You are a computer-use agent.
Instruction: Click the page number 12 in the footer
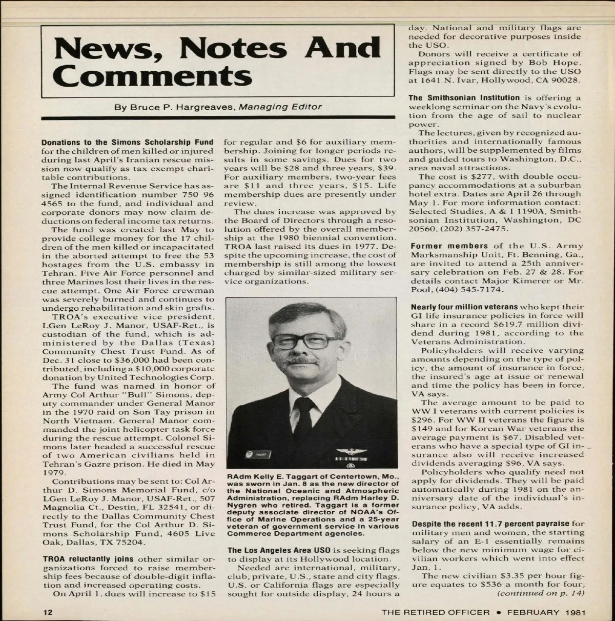pyautogui.click(x=47, y=612)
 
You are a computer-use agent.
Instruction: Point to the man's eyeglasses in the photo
pyautogui.click(x=304, y=340)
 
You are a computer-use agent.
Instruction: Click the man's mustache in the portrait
pyautogui.click(x=302, y=361)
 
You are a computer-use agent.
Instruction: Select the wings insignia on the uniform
pyautogui.click(x=351, y=451)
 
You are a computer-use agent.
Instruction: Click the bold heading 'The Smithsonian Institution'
pyautogui.click(x=464, y=97)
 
